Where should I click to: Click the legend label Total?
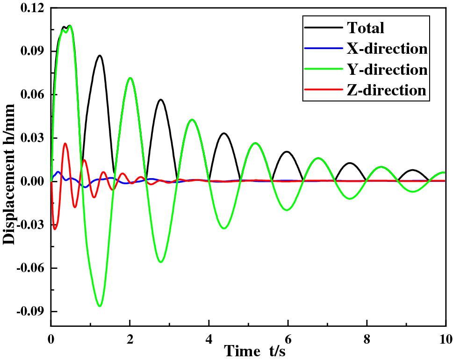[x=365, y=28]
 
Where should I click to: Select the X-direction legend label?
[x=387, y=49]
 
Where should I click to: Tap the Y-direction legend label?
[x=387, y=69]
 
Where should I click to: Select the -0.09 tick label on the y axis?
[x=30, y=312]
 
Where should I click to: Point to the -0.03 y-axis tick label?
[x=30, y=225]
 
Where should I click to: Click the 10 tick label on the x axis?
[x=445, y=338]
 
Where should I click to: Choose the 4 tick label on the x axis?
[x=209, y=338]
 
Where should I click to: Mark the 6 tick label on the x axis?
[x=288, y=338]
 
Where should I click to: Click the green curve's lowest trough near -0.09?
[x=100, y=306]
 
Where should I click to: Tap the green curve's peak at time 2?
[x=130, y=78]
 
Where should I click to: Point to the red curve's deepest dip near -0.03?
[x=55, y=229]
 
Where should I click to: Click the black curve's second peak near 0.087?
[x=100, y=55]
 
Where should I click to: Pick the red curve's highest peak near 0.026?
[x=65, y=144]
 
